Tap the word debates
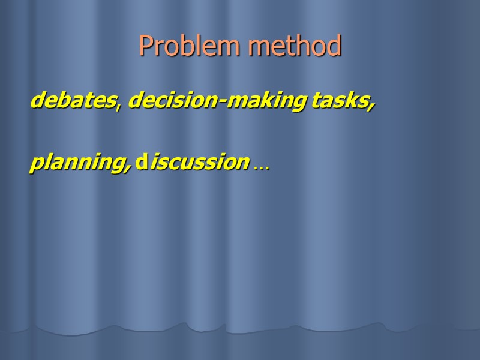click(72, 101)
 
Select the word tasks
click(340, 101)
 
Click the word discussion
click(193, 162)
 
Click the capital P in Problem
click(145, 46)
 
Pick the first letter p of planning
click(37, 164)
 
